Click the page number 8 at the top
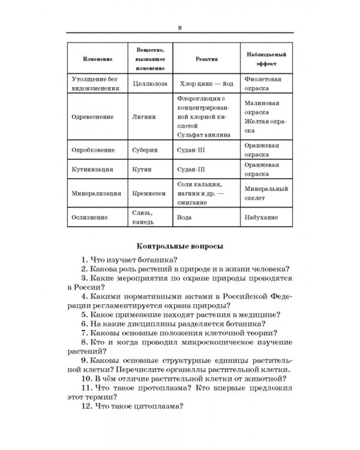(x=180, y=26)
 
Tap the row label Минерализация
(x=96, y=193)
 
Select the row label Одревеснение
(x=94, y=118)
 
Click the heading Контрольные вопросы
(x=179, y=246)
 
